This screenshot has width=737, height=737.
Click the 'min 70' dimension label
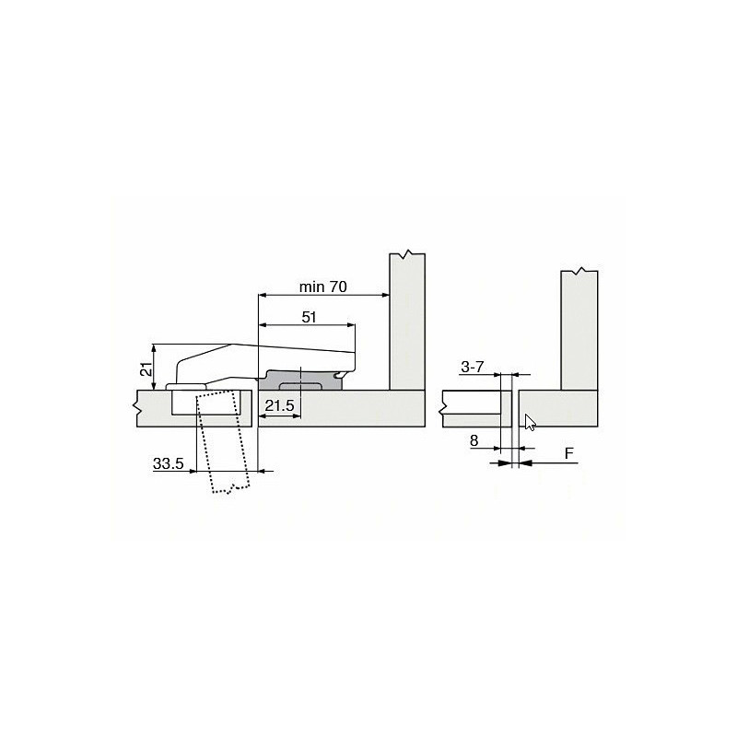323,287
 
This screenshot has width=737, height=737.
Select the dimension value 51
309,317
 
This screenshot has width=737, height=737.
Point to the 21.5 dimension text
279,405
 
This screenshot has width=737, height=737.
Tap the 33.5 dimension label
168,463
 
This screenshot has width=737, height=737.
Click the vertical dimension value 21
147,369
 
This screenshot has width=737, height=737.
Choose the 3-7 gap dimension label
472,367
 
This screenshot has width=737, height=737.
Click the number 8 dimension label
474,440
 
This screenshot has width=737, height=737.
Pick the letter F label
569,453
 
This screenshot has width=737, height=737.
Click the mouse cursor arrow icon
531,422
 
